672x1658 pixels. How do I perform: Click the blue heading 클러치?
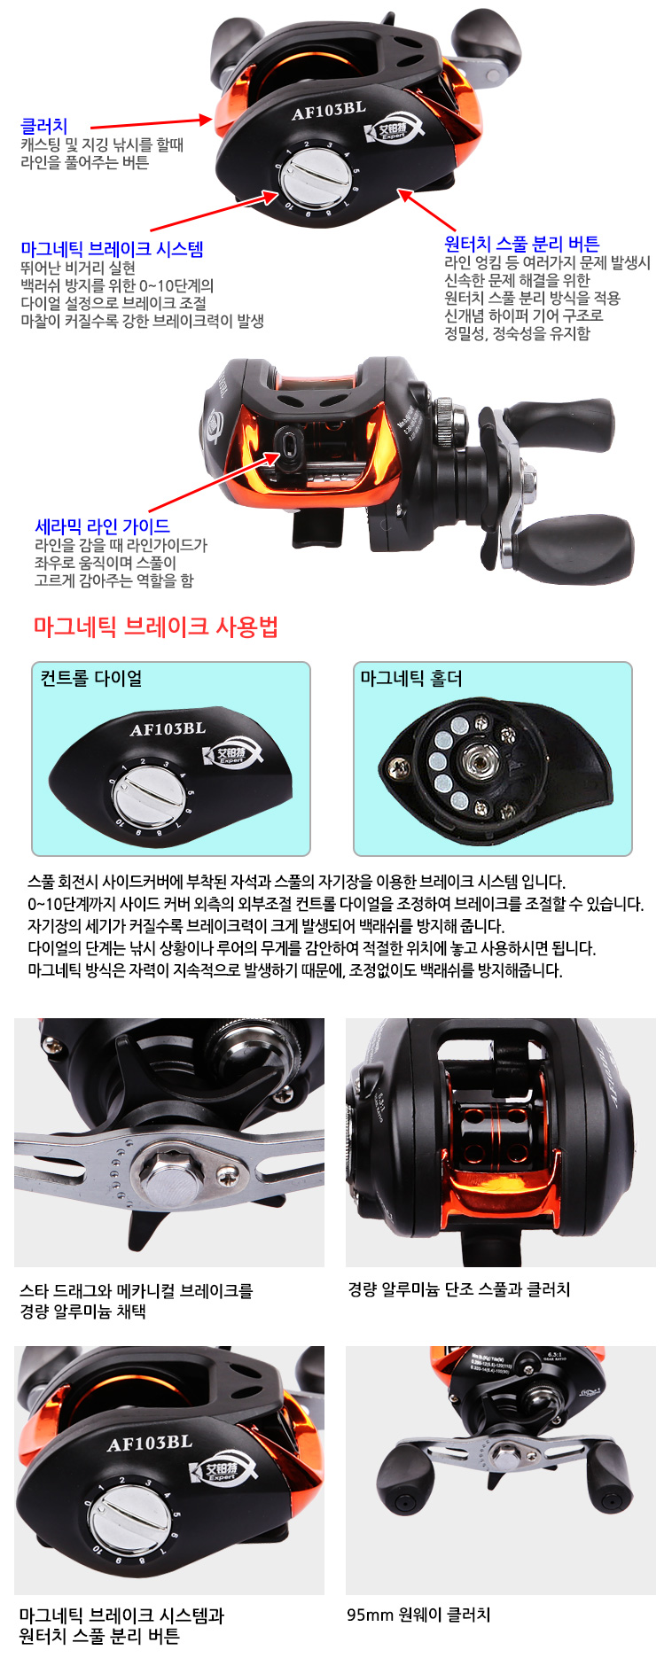click(44, 127)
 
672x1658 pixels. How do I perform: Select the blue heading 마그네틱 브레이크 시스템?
click(113, 249)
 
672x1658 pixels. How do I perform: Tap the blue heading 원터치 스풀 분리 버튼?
click(521, 244)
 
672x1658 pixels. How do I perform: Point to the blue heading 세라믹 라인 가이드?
click(102, 526)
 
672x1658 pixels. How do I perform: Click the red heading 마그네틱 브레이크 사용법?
click(156, 627)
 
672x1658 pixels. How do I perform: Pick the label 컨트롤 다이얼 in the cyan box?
click(91, 678)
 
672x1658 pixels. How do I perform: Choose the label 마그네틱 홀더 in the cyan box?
click(410, 678)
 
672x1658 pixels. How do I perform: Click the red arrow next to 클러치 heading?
click(151, 123)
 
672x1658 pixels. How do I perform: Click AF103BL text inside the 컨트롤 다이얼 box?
click(168, 729)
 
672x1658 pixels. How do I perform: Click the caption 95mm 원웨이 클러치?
click(418, 1615)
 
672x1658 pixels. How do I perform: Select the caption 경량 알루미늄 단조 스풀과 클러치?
click(459, 1289)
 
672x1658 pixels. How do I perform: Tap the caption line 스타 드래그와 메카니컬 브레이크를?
click(137, 1290)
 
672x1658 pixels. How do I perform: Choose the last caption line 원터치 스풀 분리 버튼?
click(99, 1636)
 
